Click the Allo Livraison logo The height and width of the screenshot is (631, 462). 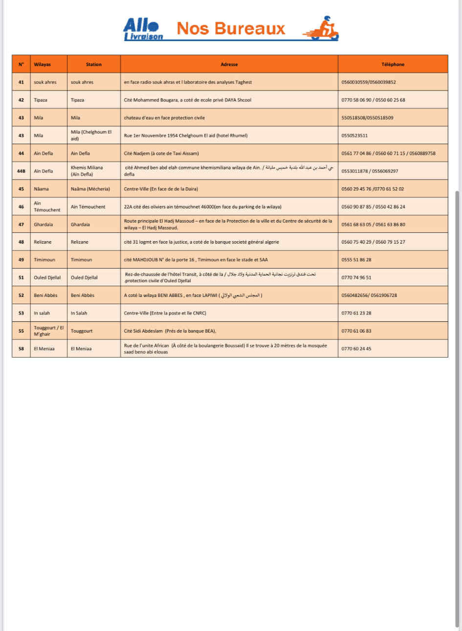click(x=142, y=29)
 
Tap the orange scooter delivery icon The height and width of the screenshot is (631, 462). click(x=322, y=29)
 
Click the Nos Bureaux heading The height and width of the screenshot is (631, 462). click(x=231, y=28)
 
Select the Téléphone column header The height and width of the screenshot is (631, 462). click(x=393, y=65)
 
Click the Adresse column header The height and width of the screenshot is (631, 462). click(x=229, y=65)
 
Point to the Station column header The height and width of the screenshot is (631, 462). click(x=93, y=65)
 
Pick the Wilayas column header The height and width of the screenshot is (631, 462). click(x=43, y=65)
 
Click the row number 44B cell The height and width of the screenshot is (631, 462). click(x=21, y=171)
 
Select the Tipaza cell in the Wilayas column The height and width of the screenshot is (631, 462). click(x=41, y=100)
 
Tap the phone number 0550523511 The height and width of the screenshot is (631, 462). click(x=354, y=135)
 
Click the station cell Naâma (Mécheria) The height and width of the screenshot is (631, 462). click(x=90, y=189)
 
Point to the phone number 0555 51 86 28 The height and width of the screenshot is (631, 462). click(x=356, y=260)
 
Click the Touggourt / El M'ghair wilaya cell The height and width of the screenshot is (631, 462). click(x=48, y=331)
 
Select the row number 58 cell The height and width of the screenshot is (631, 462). click(x=21, y=349)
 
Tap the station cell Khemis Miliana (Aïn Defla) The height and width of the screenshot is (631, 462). click(x=87, y=171)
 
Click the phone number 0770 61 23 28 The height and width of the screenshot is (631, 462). click(x=356, y=313)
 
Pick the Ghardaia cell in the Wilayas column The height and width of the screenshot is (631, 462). click(x=44, y=225)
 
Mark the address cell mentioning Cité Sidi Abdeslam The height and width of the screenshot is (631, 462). click(x=170, y=331)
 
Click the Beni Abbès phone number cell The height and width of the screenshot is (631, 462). click(x=369, y=295)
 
